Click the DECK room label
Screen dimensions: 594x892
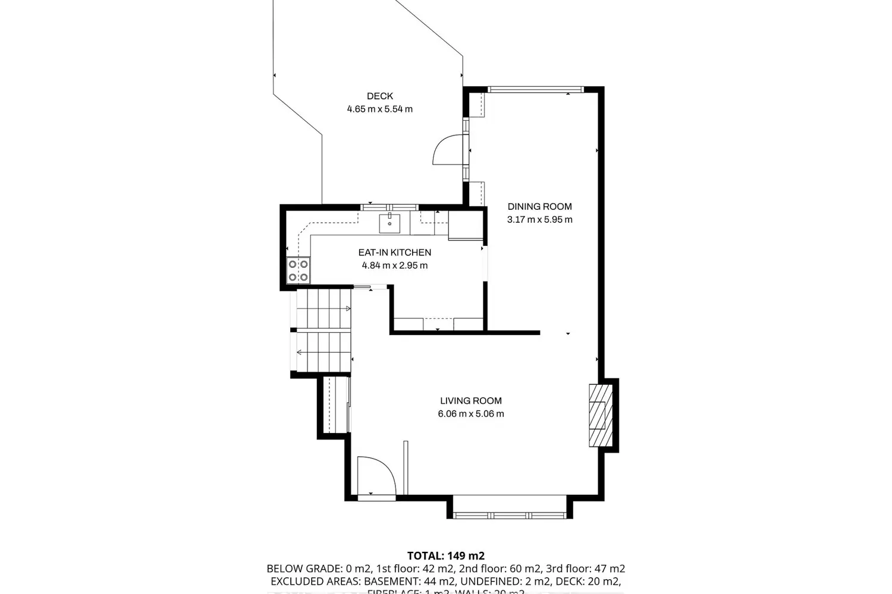[x=379, y=96]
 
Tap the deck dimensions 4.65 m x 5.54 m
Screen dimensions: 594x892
[x=379, y=109]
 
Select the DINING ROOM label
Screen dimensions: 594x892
[x=539, y=207]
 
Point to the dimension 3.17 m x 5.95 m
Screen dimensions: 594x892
[x=539, y=220]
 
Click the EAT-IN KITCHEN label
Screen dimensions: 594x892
[x=394, y=252]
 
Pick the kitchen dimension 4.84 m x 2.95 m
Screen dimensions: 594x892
[x=394, y=266]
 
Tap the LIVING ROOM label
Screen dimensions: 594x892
[x=470, y=401]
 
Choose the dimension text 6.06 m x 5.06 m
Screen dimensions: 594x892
[x=470, y=414]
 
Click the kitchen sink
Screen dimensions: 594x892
[x=390, y=223]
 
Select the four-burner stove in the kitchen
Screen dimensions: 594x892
[x=298, y=270]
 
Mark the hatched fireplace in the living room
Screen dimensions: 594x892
[x=600, y=415]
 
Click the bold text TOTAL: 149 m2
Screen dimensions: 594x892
[x=445, y=556]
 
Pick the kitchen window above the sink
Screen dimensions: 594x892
[x=390, y=207]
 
